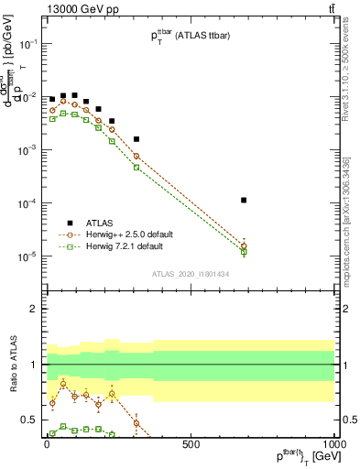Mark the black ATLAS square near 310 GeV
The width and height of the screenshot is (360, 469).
136,139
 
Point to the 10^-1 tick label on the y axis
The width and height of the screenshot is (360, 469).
29,44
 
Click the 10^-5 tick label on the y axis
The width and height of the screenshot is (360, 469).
29,256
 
